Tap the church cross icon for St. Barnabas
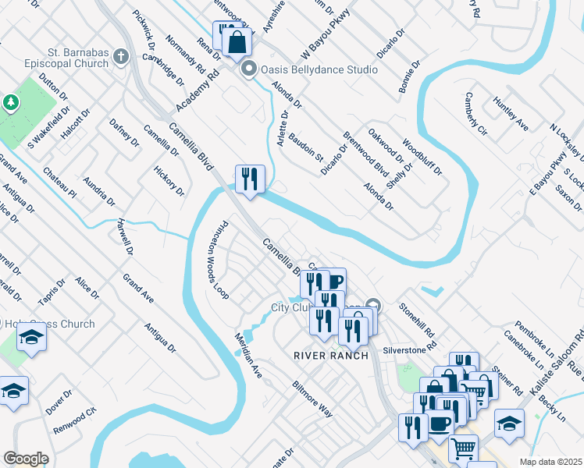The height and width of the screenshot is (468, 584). [121, 56]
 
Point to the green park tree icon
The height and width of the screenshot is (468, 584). [11, 103]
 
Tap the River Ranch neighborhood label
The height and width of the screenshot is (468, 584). [326, 356]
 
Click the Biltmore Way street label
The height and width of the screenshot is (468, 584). [312, 399]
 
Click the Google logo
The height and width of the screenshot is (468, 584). [26, 459]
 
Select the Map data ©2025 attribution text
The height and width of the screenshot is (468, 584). [550, 462]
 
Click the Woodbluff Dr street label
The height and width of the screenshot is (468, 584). [422, 157]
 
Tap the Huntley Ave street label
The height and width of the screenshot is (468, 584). [511, 114]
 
